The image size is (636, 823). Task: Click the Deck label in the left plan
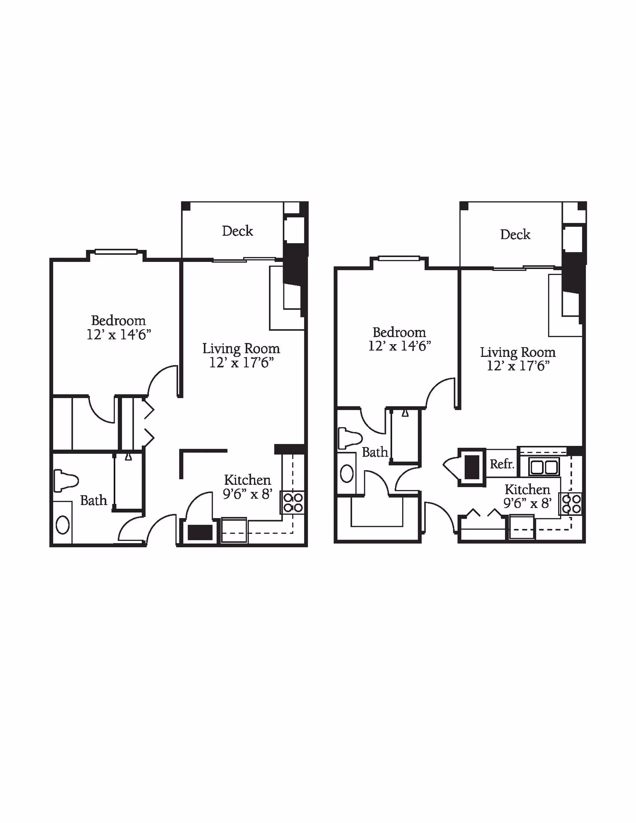point(237,231)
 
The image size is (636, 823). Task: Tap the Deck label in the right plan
point(515,234)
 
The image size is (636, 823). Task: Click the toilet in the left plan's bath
point(66,480)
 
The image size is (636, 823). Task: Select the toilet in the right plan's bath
point(349,438)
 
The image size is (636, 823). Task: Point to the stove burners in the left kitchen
point(293,503)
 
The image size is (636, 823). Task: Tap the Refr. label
point(502,464)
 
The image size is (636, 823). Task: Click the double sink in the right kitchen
point(544,467)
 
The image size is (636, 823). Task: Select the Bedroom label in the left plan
point(118,320)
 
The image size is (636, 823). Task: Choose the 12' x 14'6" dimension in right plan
point(399,346)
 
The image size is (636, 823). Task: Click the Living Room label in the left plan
point(241,349)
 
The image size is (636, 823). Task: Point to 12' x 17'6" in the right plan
point(518,366)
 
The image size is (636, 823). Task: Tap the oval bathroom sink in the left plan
point(63,525)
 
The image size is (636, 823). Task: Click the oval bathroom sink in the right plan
point(347,474)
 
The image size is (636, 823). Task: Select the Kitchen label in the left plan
point(247,480)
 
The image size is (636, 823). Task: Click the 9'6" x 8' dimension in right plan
point(527,503)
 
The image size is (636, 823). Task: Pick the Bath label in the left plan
point(94,500)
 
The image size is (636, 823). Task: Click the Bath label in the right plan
point(375,452)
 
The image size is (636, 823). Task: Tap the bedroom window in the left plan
point(116,252)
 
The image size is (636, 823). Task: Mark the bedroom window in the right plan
point(399,258)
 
